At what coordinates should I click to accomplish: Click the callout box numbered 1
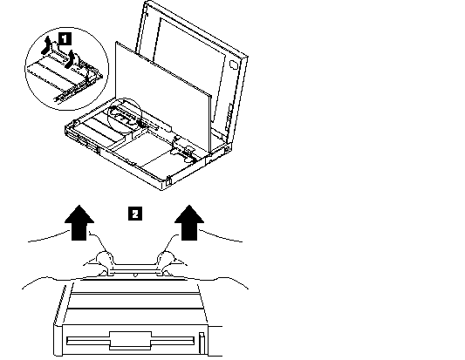(x=65, y=39)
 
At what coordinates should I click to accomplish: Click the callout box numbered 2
(x=135, y=214)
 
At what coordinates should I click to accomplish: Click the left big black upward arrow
(x=79, y=222)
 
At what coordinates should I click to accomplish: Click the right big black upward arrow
(x=189, y=222)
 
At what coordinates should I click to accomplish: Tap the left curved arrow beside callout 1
(x=45, y=45)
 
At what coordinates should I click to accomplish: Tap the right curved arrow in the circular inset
(x=71, y=59)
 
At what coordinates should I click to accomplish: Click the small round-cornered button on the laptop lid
(x=233, y=65)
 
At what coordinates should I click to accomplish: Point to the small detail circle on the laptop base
(x=125, y=114)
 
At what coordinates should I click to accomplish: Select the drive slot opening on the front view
(x=131, y=341)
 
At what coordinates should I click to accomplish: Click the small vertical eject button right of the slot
(x=202, y=343)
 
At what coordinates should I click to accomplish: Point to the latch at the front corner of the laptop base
(x=168, y=180)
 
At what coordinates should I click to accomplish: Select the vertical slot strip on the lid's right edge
(x=229, y=118)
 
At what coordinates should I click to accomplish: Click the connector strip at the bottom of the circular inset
(x=65, y=94)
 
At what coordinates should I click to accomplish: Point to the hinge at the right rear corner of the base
(x=227, y=147)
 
